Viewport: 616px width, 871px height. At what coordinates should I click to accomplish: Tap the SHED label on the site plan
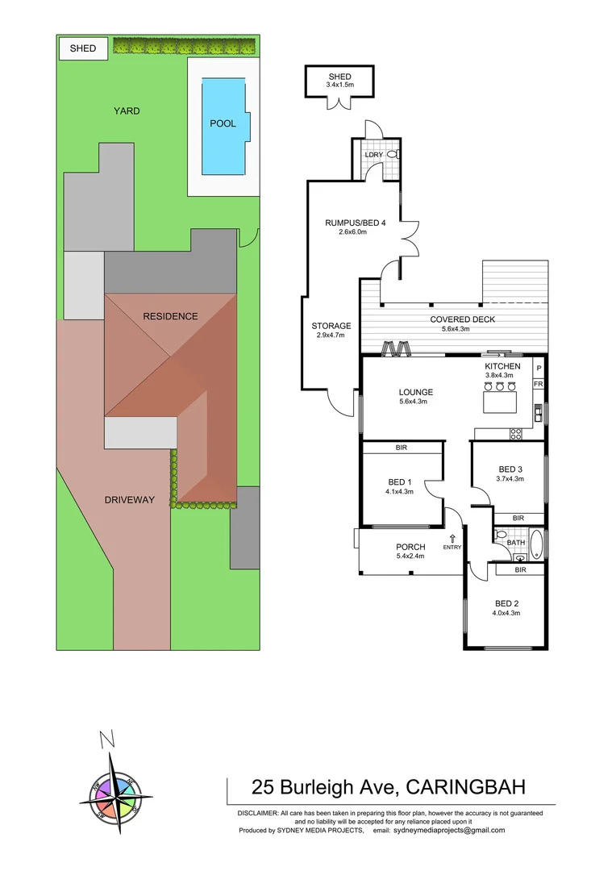(x=83, y=48)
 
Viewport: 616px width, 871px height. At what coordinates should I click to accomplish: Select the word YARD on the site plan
(x=127, y=110)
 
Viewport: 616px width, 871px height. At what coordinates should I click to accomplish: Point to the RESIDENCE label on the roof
(x=170, y=316)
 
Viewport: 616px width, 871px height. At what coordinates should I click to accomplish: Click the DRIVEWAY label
(x=129, y=500)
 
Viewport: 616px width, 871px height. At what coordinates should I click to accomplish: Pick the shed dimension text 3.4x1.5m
(x=339, y=85)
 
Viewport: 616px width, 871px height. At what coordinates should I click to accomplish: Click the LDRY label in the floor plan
(x=373, y=154)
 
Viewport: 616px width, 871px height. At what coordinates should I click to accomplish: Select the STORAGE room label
(x=331, y=326)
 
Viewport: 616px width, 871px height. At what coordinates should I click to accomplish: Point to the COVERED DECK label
(x=462, y=319)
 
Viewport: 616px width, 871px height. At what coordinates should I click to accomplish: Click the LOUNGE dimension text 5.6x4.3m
(x=416, y=402)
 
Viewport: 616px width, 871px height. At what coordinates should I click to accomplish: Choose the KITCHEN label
(x=502, y=366)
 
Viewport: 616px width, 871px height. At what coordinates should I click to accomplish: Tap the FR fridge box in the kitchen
(x=538, y=384)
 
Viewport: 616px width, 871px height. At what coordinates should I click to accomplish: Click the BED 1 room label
(x=400, y=482)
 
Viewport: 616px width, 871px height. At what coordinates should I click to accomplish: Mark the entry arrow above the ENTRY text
(x=452, y=538)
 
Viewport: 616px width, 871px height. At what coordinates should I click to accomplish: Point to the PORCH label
(x=410, y=547)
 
